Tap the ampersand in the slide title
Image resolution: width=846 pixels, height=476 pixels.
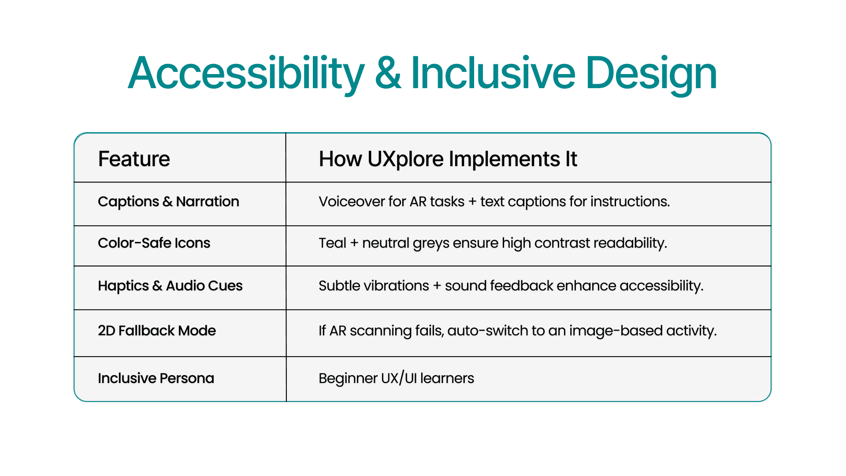[x=388, y=73]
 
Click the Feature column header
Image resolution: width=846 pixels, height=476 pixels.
[x=134, y=159]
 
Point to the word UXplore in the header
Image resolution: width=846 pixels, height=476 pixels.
[x=405, y=160]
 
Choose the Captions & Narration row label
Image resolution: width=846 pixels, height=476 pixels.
[x=168, y=202]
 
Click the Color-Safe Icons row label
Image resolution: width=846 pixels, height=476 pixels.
[x=154, y=243]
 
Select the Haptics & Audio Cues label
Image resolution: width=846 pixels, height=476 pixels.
[x=170, y=286]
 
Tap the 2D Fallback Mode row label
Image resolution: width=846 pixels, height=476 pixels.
[x=157, y=331]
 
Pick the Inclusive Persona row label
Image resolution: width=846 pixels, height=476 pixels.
[x=156, y=378]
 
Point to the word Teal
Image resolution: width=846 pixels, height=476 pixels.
[x=333, y=243]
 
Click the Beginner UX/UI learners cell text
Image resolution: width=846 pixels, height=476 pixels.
[x=397, y=378]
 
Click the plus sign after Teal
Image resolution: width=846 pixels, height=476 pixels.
[x=354, y=243]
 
